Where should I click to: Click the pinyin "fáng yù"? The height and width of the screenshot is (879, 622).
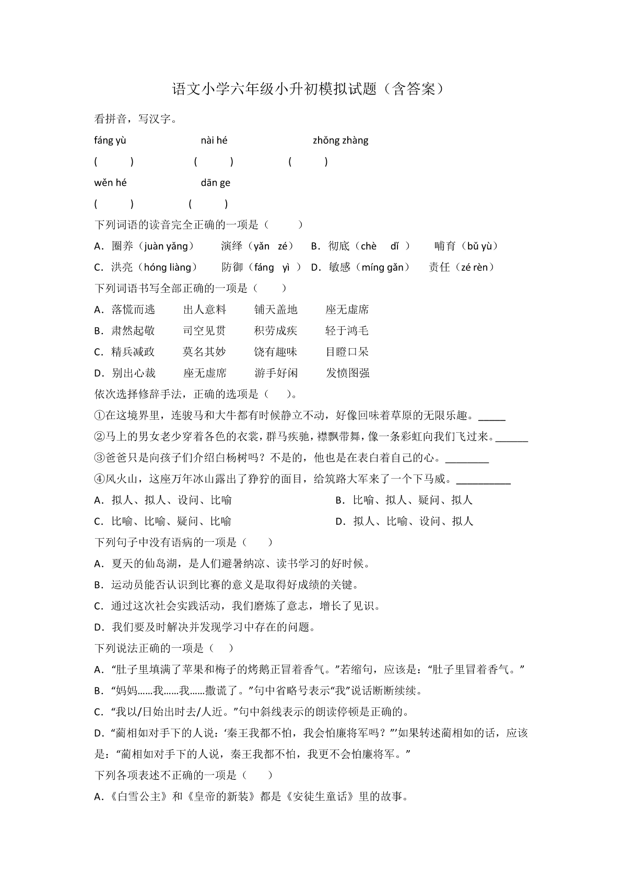click(x=110, y=140)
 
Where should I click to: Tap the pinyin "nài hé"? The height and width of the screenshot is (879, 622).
click(x=214, y=140)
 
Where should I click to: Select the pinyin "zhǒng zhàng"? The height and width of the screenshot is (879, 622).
click(x=341, y=140)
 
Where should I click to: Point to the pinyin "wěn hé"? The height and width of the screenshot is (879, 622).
click(x=110, y=183)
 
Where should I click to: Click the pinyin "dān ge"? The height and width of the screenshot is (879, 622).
click(x=215, y=183)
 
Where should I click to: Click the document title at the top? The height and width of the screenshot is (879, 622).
click(x=310, y=89)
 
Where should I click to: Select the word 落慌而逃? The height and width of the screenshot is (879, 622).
click(x=133, y=310)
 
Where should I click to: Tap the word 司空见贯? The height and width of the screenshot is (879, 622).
click(x=204, y=330)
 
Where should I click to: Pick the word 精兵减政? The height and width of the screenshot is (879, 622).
click(x=133, y=352)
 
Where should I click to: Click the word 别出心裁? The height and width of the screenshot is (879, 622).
click(x=133, y=373)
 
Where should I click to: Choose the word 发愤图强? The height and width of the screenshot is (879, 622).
click(x=348, y=373)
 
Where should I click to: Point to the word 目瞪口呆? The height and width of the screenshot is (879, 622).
click(x=347, y=352)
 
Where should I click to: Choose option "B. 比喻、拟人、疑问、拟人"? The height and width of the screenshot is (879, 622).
click(x=403, y=500)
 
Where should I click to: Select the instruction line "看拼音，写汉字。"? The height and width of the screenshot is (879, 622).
click(x=135, y=119)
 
